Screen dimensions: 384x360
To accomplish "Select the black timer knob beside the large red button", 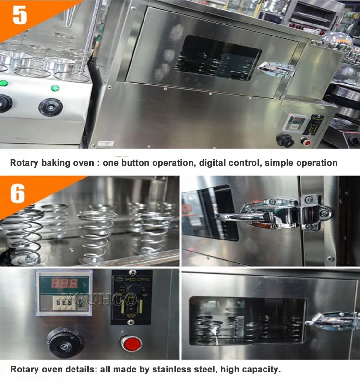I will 65,341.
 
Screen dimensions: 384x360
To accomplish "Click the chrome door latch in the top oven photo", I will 277,69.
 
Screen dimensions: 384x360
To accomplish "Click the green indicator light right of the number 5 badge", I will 55,88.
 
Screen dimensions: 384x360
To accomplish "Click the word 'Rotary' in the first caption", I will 24,163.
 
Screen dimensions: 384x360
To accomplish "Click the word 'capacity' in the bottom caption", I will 261,369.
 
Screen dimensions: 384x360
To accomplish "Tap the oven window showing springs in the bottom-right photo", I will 247,321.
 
